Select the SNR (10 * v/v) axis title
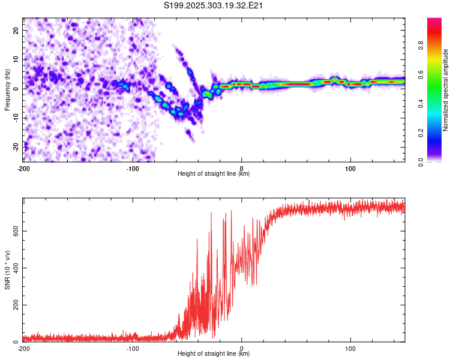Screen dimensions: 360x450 tap(7, 270)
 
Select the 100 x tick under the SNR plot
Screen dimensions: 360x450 tap(350, 348)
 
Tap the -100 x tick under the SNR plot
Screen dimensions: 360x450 tap(132, 348)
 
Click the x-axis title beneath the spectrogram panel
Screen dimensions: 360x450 tap(214, 174)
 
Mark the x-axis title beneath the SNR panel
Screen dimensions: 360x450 tap(214, 354)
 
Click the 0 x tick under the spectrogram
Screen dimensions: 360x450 tap(241, 168)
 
